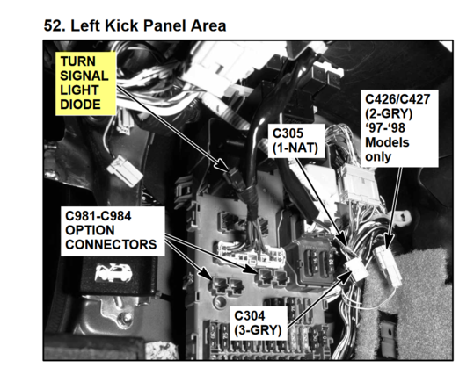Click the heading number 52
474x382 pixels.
tap(55, 25)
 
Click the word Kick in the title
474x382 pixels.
tap(122, 25)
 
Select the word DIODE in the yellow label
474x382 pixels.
tap(80, 105)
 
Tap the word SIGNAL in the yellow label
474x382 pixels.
tap(84, 76)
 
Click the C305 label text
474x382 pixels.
tap(288, 133)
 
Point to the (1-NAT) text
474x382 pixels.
tap(295, 148)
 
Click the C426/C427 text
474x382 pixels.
tap(397, 99)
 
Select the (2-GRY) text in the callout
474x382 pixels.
tap(389, 114)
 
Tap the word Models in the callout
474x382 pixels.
tap(387, 142)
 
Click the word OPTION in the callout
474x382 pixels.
tap(90, 230)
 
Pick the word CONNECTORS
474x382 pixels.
tap(111, 245)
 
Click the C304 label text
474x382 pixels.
tap(250, 316)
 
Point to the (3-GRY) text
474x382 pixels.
tap(258, 330)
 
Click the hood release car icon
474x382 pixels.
tap(113, 273)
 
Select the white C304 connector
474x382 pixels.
tap(357, 270)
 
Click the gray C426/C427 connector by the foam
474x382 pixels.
tap(389, 266)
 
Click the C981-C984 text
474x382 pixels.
tap(98, 216)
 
